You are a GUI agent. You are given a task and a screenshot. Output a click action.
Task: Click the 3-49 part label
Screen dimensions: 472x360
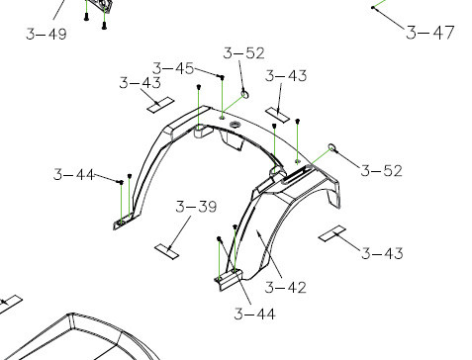[x=47, y=34]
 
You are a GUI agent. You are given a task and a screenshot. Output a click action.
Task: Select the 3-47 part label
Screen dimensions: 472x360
[x=430, y=33]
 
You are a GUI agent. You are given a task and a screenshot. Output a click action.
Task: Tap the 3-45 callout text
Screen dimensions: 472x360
[x=173, y=68]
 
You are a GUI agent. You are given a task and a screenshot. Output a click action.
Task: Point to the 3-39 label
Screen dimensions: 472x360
[x=196, y=207]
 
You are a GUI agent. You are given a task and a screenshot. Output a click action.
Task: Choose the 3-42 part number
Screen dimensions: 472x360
[x=286, y=287]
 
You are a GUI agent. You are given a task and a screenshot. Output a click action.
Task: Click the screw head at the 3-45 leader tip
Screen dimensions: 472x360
[x=222, y=77]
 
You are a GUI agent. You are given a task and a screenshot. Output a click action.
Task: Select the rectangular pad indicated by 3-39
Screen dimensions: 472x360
[x=167, y=251]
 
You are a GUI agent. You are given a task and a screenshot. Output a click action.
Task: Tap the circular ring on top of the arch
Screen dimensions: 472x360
[x=235, y=125]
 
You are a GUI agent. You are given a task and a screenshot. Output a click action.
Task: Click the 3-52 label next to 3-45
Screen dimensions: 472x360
[x=243, y=53]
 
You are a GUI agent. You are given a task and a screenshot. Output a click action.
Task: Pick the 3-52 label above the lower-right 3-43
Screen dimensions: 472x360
[x=381, y=171]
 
